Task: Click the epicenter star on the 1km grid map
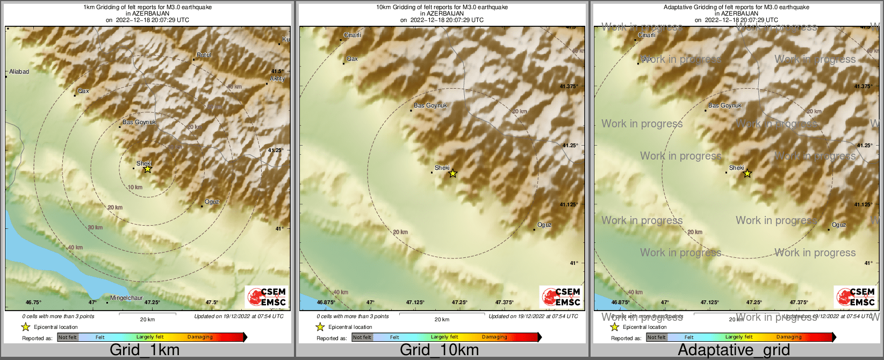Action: [x=147, y=169]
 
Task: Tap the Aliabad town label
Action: [x=19, y=71]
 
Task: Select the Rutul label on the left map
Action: [x=204, y=55]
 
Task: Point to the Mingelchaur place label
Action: [x=126, y=298]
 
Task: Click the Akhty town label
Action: [x=277, y=78]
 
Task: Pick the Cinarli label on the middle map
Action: [x=353, y=35]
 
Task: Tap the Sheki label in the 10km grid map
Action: [x=442, y=168]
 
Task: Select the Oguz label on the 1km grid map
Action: [x=212, y=201]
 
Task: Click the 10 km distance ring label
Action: [x=135, y=187]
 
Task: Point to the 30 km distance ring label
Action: [x=95, y=227]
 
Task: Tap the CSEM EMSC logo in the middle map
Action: [x=560, y=297]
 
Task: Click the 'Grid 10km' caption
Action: [x=439, y=350]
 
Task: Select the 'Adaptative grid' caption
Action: [x=734, y=350]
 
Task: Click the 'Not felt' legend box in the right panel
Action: [x=657, y=337]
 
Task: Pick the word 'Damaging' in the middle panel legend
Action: [x=494, y=337]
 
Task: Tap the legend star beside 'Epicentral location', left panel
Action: [x=25, y=327]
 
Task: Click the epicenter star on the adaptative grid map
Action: [x=747, y=173]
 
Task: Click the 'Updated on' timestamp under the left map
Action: [x=239, y=316]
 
